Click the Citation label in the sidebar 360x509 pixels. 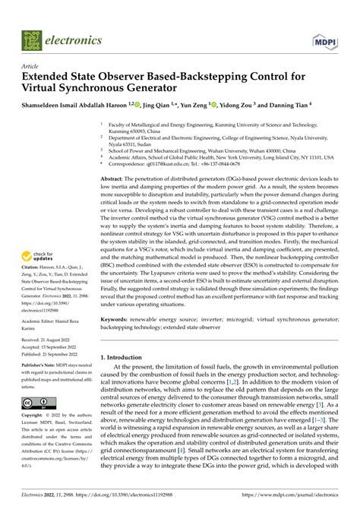tap(33, 268)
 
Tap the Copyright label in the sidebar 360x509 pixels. tap(33, 416)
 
